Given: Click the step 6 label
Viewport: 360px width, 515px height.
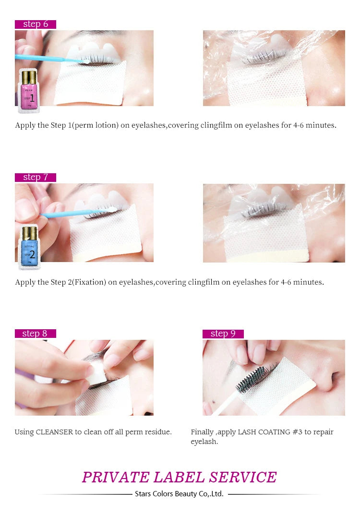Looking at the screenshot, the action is [36, 24].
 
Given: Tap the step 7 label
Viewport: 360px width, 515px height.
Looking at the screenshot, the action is [36, 178].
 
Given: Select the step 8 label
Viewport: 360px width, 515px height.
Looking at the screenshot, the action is [36, 334].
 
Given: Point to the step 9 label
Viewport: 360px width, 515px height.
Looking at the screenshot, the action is [223, 334].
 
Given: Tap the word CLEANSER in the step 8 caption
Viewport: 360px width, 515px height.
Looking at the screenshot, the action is [54, 432].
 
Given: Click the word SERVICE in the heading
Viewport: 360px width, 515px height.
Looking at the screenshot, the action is [243, 477].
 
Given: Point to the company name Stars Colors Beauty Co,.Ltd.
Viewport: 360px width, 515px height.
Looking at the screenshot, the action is [179, 494].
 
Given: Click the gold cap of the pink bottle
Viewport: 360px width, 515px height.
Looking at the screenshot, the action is [29, 77].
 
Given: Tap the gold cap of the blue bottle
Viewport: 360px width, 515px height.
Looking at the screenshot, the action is [30, 233].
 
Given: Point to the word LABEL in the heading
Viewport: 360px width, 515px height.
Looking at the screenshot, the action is [179, 477].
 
